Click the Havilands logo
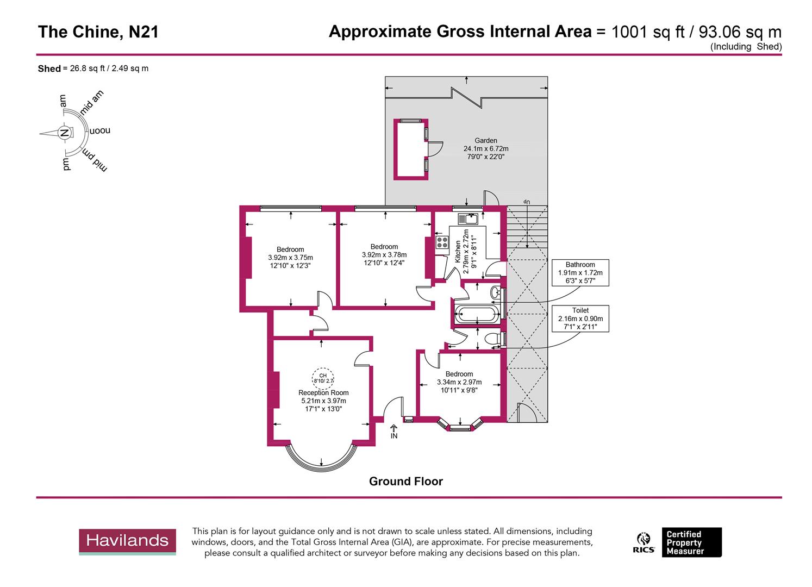127,541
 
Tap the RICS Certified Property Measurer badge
679,542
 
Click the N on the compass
64,133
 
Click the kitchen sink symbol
467,219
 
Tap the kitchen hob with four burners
441,242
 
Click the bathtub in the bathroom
475,314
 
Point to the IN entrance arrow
393,432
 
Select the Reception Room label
323,392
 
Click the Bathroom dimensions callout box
580,273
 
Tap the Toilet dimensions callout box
580,319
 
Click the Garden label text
485,140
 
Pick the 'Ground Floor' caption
405,482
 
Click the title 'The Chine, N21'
98,32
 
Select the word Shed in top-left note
49,69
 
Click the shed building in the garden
410,148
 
